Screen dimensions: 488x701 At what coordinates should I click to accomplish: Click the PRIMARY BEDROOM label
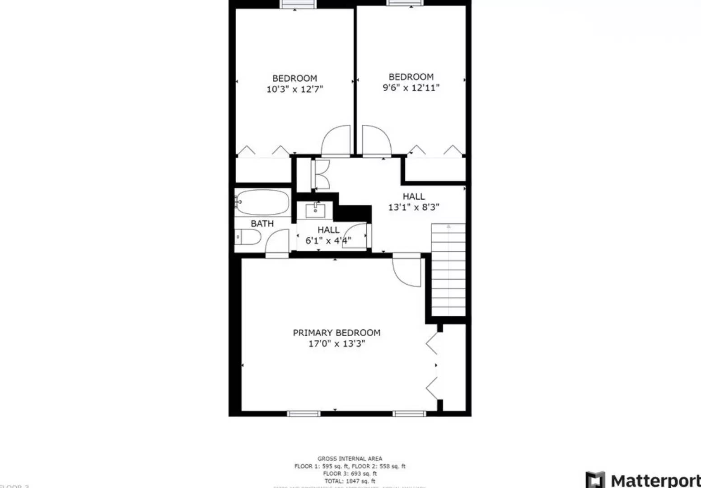[x=336, y=333]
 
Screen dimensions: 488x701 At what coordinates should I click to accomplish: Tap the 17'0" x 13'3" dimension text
[x=336, y=344]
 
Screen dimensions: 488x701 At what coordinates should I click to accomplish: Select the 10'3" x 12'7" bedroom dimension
[x=294, y=89]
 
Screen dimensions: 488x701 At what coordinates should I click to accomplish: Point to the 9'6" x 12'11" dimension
[x=411, y=88]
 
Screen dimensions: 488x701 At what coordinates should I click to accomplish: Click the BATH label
[x=262, y=224]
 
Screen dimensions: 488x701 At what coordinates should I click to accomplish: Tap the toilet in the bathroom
[x=248, y=237]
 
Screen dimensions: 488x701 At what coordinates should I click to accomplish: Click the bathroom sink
[x=315, y=210]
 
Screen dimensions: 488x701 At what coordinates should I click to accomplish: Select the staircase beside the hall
[x=448, y=270]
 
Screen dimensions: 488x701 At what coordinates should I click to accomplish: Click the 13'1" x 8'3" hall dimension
[x=414, y=207]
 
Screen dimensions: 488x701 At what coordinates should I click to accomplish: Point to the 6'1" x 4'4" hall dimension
[x=328, y=241]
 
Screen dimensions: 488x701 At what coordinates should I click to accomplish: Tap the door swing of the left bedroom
[x=336, y=141]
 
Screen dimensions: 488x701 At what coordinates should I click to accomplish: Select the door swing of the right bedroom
[x=376, y=141]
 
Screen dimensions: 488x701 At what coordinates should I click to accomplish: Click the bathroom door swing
[x=277, y=243]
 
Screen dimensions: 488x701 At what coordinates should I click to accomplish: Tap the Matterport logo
[x=642, y=479]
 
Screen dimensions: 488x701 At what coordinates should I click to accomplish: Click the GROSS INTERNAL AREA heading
[x=350, y=459]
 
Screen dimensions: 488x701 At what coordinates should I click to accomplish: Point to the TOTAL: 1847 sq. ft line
[x=350, y=481]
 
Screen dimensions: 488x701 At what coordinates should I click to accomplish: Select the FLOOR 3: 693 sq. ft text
[x=350, y=474]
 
